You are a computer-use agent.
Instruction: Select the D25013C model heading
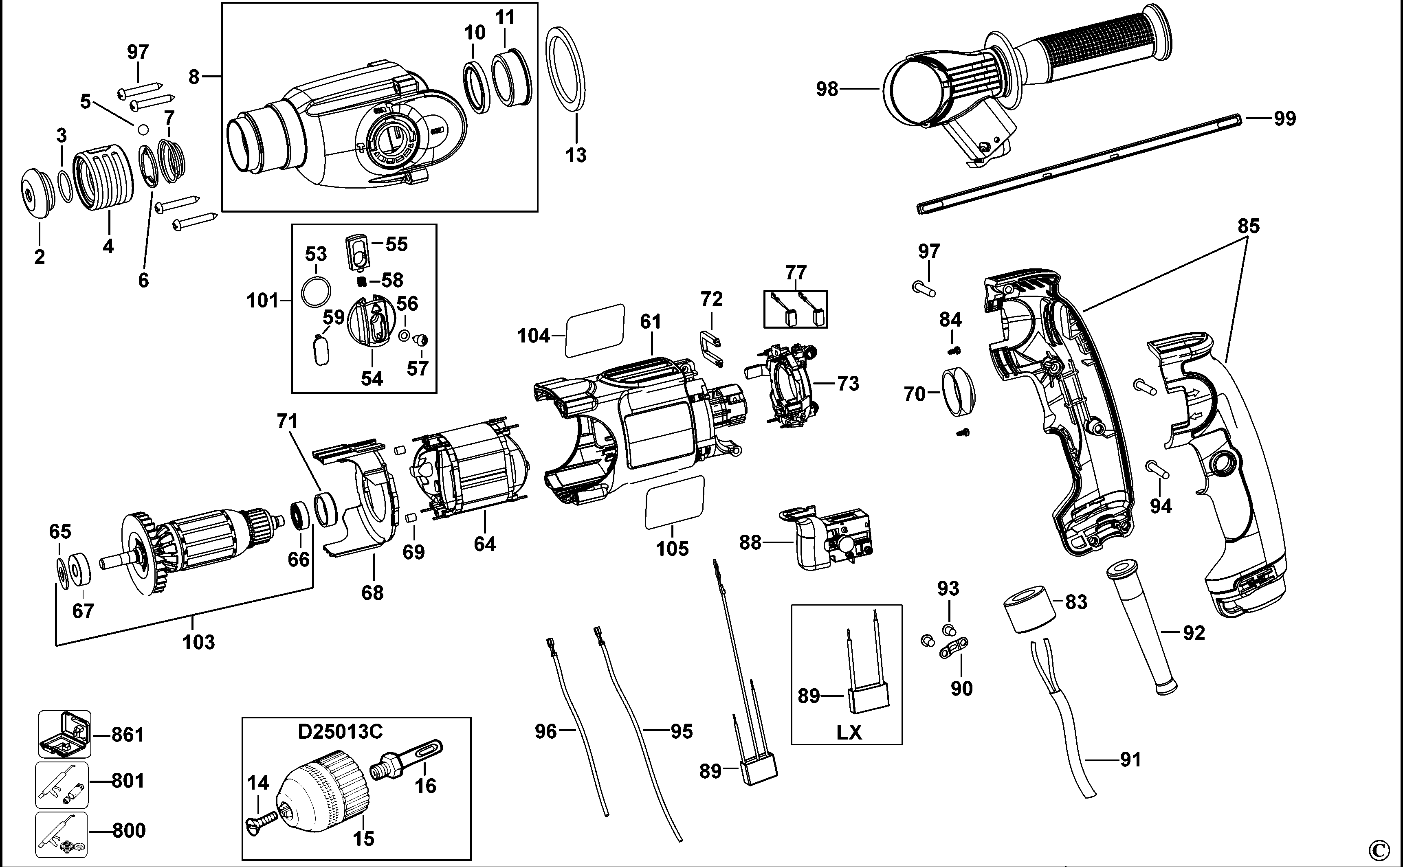340,732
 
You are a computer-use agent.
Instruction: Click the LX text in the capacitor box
849,732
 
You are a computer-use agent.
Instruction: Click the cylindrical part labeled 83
1029,609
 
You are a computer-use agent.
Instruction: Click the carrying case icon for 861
64,735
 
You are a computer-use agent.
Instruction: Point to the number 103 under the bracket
198,642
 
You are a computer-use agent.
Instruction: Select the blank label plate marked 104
594,330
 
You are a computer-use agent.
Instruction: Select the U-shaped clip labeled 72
712,347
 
